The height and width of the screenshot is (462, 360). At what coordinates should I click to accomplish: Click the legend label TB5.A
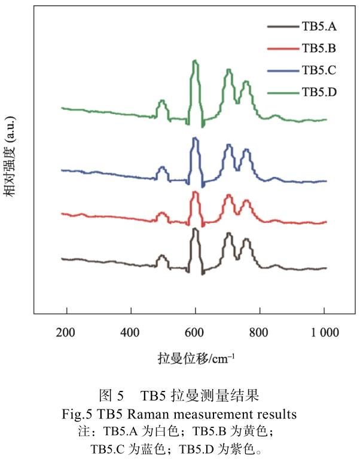pos(319,26)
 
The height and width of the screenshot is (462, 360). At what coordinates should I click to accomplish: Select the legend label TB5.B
pos(319,48)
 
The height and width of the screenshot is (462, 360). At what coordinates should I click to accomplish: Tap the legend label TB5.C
pos(319,71)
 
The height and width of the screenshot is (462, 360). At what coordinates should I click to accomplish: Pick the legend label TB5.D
pos(319,92)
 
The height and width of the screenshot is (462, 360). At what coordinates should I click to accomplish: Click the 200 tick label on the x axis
pos(66,331)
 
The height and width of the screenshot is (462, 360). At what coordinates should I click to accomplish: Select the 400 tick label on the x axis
pos(130,331)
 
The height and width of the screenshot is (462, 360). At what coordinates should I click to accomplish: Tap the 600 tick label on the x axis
pos(195,331)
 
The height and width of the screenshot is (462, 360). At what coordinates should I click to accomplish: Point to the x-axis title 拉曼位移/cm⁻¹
pos(196,358)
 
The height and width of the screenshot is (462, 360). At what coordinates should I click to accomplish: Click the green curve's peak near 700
pos(228,71)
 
